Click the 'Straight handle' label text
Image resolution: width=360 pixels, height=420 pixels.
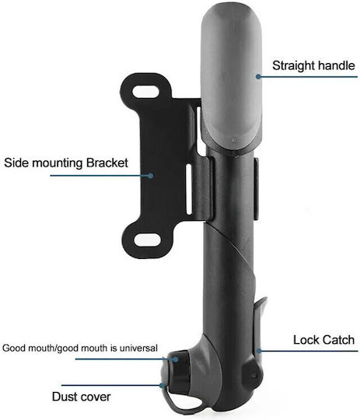(313, 66)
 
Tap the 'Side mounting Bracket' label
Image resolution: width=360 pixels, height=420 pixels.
(66, 163)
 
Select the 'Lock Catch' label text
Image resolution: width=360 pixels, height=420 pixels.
(323, 340)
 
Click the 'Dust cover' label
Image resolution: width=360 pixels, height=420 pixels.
(81, 397)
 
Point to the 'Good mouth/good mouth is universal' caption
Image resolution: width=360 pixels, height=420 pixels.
(80, 348)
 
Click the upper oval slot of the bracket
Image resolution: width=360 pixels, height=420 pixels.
(145, 92)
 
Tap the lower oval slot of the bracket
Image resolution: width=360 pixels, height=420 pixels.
(147, 240)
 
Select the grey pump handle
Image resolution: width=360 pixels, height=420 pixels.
(231, 78)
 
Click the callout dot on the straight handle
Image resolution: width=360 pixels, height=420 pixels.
(258, 76)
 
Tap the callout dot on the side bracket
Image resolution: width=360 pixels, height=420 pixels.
(151, 176)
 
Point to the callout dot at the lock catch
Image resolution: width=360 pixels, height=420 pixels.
(258, 351)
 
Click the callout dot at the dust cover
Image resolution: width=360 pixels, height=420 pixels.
(162, 385)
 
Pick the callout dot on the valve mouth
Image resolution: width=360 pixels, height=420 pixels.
(175, 359)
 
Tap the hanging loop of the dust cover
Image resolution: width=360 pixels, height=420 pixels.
(185, 402)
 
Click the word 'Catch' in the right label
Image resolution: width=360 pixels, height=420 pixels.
(339, 340)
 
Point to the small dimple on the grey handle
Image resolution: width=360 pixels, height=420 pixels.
(234, 140)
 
